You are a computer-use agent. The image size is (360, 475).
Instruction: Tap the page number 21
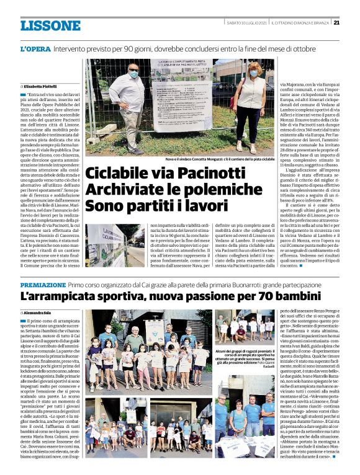point(336,22)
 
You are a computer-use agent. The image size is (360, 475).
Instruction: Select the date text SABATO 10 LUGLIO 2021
point(246,23)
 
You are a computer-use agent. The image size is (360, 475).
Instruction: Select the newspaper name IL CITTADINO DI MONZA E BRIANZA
point(299,23)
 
